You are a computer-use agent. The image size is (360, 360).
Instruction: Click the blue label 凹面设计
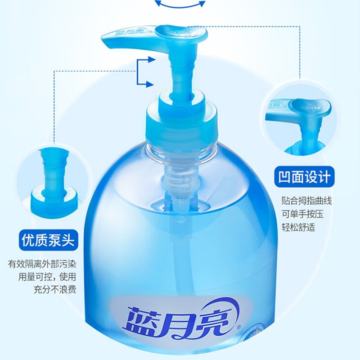click(x=304, y=177)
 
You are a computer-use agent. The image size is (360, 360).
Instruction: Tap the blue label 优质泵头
click(x=49, y=240)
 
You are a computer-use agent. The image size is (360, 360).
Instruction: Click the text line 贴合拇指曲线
click(x=307, y=201)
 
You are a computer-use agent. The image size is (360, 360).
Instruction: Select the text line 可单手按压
click(x=302, y=214)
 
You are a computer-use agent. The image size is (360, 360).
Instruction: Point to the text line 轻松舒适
click(x=298, y=228)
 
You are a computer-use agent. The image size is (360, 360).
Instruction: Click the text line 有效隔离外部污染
click(x=42, y=264)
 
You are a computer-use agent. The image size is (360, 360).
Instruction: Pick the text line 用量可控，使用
click(x=47, y=277)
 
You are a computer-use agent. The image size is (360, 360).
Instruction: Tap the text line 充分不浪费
click(x=55, y=289)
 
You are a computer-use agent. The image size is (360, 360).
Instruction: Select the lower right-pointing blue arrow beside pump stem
click(x=145, y=84)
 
